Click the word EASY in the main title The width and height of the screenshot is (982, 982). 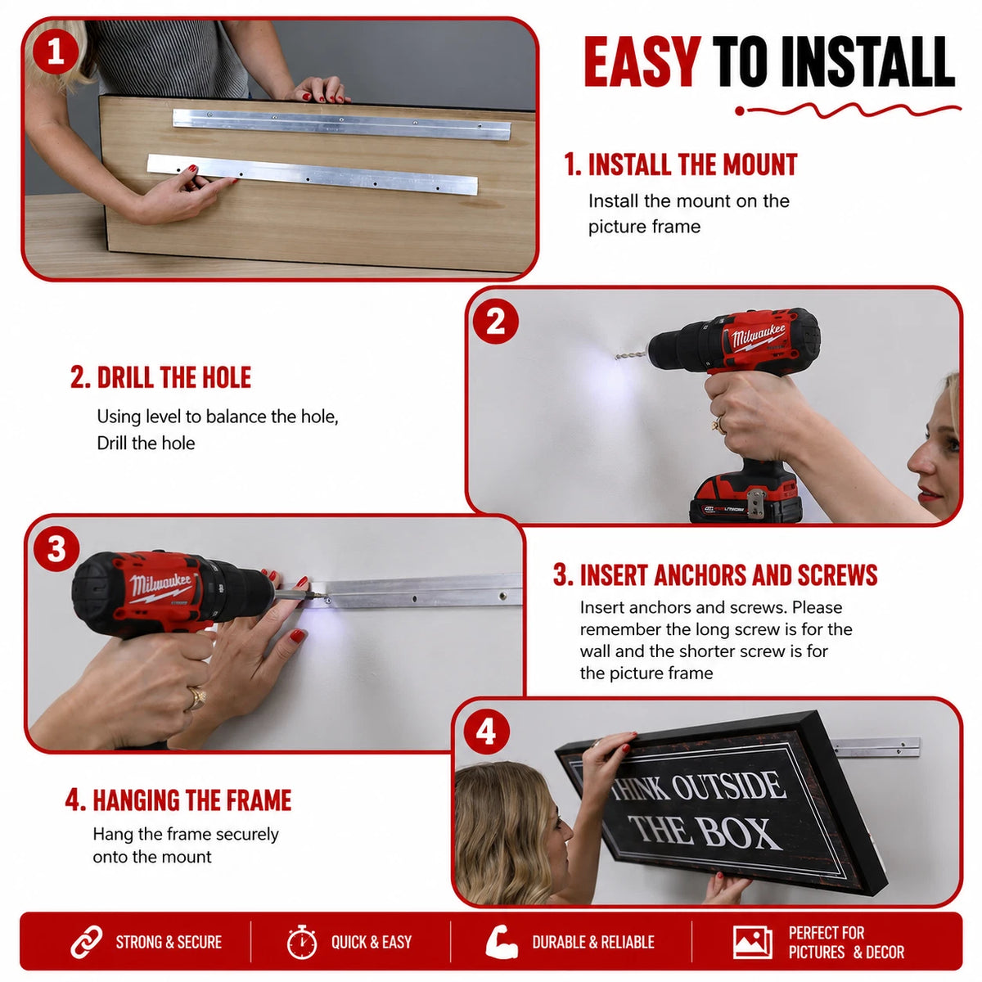tap(642, 61)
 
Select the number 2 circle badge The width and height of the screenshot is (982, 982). tap(495, 322)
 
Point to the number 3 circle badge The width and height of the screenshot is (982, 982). tap(56, 550)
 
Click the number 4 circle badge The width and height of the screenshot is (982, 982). tap(485, 732)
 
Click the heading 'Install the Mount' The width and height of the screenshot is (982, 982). tap(680, 164)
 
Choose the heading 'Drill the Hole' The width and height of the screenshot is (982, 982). tap(160, 377)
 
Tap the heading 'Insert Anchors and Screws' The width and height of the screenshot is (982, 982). tap(715, 574)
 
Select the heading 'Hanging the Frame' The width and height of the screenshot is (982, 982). tap(178, 800)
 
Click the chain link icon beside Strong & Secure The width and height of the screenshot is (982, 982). tap(86, 942)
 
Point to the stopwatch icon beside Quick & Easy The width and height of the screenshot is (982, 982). tap(302, 942)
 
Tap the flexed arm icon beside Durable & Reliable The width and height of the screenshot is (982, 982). tap(502, 942)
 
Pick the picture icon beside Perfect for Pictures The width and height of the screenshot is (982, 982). tap(752, 942)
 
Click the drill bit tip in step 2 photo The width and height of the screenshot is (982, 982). tap(617, 358)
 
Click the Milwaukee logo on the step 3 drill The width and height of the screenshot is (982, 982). tap(160, 586)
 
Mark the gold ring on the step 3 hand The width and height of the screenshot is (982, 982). tap(196, 698)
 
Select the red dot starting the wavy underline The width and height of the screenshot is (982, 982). tap(740, 111)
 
